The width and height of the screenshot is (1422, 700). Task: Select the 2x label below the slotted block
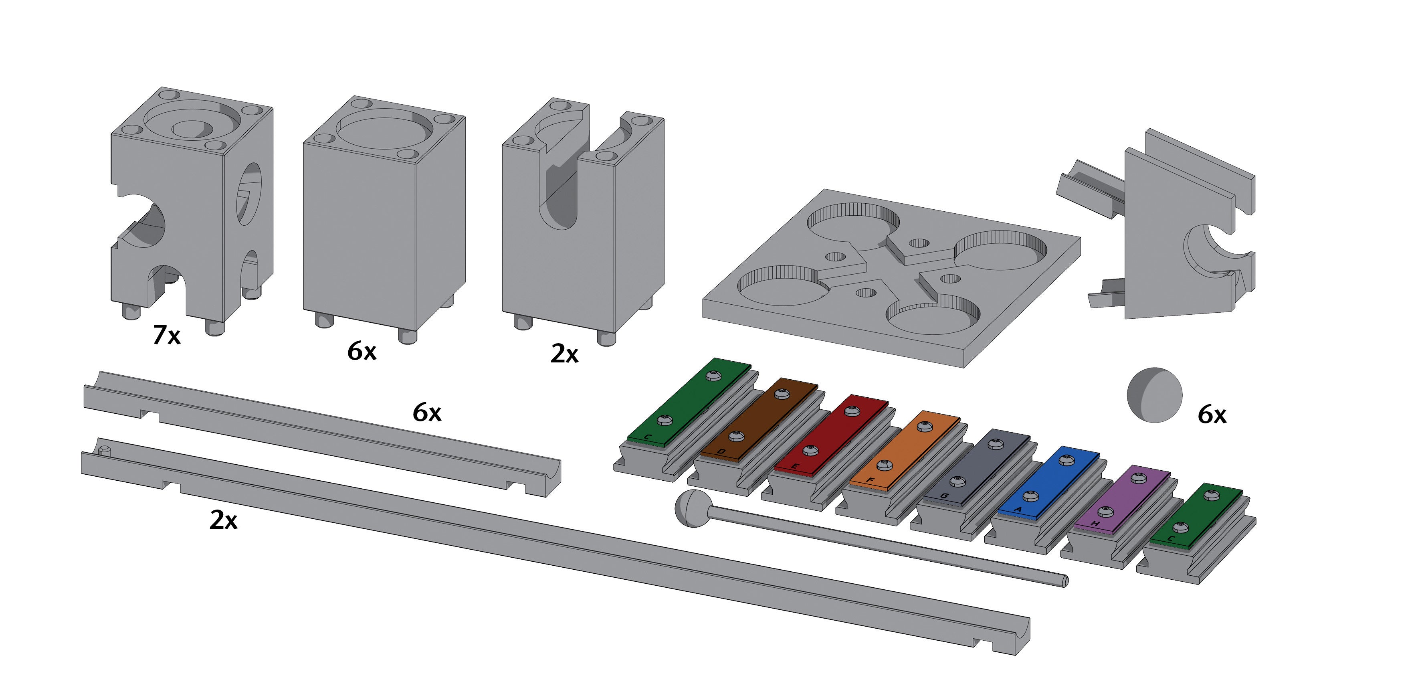[x=564, y=353]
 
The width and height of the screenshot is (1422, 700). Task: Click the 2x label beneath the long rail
[x=223, y=520]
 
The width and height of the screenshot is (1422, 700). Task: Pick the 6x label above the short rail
[x=427, y=412]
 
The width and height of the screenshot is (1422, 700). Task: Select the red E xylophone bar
[x=831, y=433]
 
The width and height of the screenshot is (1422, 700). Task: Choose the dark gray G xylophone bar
[x=976, y=467]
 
